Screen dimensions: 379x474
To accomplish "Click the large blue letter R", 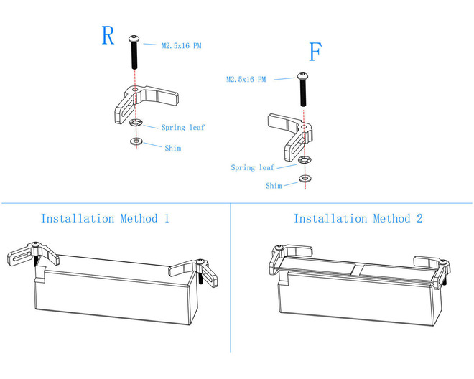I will click(x=108, y=35).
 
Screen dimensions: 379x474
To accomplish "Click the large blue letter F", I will click(x=315, y=52).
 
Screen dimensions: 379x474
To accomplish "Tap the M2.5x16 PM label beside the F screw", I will click(x=246, y=79).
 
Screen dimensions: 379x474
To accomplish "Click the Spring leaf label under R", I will click(x=183, y=128).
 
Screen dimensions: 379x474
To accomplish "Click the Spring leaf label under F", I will click(x=252, y=168).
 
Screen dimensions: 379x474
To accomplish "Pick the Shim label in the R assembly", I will click(x=172, y=149).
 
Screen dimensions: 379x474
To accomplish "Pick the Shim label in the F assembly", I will click(x=274, y=186).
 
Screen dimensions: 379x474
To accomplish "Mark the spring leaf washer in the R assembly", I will click(x=136, y=123).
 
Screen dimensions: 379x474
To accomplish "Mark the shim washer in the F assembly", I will click(x=305, y=177).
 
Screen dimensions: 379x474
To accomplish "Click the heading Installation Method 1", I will click(x=105, y=218).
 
